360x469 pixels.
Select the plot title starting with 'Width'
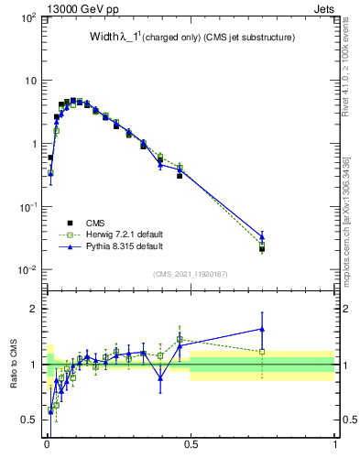tap(191, 38)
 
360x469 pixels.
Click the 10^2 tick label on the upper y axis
tap(28, 18)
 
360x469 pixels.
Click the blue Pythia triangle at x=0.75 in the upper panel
tap(262, 237)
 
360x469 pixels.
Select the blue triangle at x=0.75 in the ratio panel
tap(262, 329)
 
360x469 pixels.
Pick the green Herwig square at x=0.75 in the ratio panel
tap(262, 352)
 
